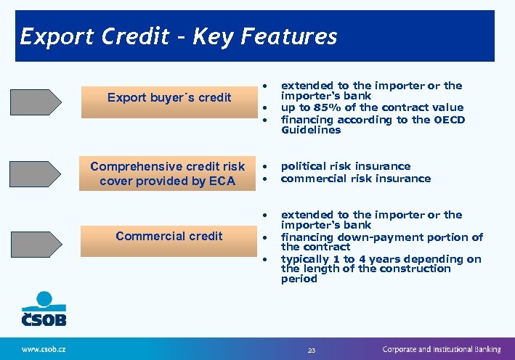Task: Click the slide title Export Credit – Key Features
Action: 179,36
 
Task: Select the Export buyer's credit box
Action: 169,98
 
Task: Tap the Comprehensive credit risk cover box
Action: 168,174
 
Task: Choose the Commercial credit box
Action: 169,236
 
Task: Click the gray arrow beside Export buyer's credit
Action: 36,102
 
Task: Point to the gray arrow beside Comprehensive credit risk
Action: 36,174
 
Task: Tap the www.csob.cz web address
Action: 44,349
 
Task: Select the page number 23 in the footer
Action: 312,350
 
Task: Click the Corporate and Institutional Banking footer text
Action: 442,349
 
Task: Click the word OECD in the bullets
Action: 449,119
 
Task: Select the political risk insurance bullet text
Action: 346,166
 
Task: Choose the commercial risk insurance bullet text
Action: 356,179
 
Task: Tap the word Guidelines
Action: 311,130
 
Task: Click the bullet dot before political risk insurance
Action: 267,167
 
